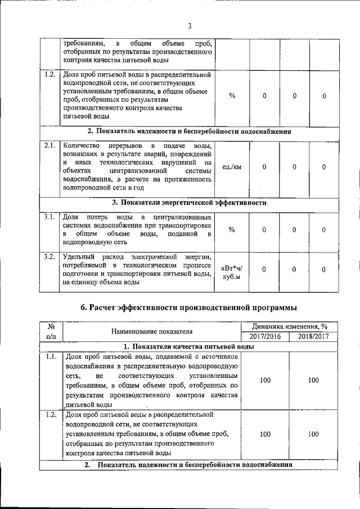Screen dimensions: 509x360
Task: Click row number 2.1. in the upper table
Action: (x=49, y=146)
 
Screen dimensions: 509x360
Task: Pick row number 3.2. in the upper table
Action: (x=49, y=257)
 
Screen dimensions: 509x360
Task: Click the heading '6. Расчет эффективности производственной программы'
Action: (x=189, y=307)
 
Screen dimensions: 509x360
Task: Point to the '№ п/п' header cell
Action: (x=51, y=331)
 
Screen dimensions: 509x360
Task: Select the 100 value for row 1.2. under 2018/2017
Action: (x=313, y=434)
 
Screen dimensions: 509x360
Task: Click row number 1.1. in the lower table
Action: (x=51, y=357)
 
